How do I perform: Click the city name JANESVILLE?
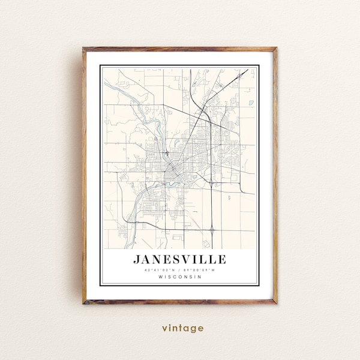[x=179, y=259]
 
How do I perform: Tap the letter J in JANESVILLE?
[x=137, y=259]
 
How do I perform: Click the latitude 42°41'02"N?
[x=161, y=270]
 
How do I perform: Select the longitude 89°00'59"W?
[x=199, y=270]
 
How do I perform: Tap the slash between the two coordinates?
[x=180, y=270]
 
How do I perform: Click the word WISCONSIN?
[x=180, y=277]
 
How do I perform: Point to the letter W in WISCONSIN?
[x=161, y=277]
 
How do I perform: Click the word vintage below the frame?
[x=182, y=328]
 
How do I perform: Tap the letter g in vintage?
[x=194, y=329]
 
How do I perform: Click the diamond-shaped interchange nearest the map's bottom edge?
[x=213, y=229]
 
